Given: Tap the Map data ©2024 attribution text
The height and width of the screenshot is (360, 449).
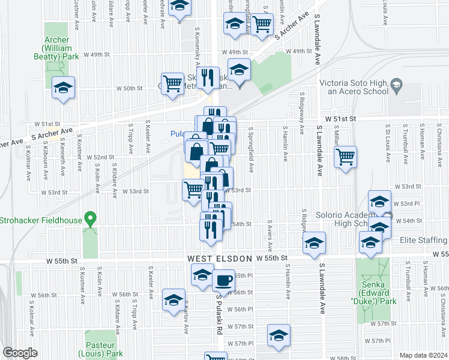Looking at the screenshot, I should (x=423, y=355).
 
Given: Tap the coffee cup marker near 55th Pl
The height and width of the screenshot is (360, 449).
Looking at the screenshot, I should (x=223, y=280).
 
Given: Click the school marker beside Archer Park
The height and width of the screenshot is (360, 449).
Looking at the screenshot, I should (x=63, y=88).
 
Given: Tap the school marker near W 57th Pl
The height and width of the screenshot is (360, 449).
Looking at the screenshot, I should (x=279, y=336).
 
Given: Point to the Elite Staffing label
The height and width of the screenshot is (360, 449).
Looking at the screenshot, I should (x=423, y=241).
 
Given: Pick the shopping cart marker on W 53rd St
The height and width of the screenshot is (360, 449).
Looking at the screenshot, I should (x=193, y=189).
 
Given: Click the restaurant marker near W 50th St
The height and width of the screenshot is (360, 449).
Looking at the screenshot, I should (x=208, y=77).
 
